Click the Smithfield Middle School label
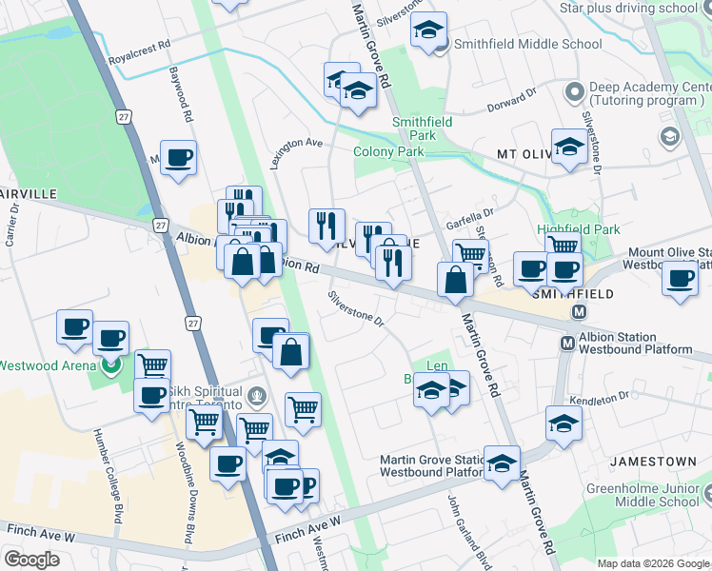[527, 44]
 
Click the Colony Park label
[388, 151]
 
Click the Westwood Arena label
[48, 365]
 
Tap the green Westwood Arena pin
[111, 364]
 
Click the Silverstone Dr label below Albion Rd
[356, 308]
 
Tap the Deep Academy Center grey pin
[573, 93]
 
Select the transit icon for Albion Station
[567, 343]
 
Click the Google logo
[31, 560]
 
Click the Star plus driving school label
[628, 9]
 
